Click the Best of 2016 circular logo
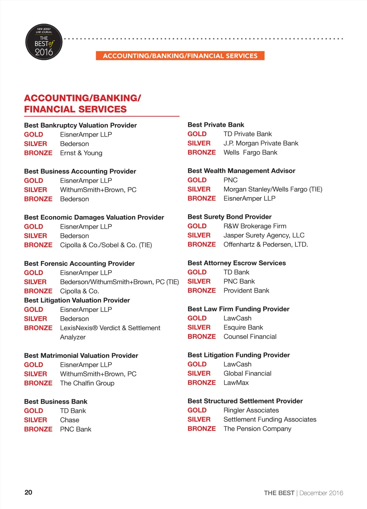click(x=44, y=42)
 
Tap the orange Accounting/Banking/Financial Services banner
click(x=180, y=56)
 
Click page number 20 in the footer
click(x=28, y=492)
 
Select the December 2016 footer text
click(x=321, y=493)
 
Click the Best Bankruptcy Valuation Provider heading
click(x=80, y=125)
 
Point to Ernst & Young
click(x=81, y=153)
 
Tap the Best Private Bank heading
click(x=216, y=125)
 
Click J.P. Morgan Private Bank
click(x=261, y=143)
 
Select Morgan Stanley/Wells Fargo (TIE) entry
click(x=273, y=189)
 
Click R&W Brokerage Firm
click(x=255, y=226)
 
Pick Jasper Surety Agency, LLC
click(x=264, y=235)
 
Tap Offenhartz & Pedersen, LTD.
click(x=266, y=244)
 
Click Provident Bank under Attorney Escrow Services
click(x=246, y=290)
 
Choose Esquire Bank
click(x=243, y=327)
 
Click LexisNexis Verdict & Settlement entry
click(x=110, y=328)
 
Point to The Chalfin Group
click(x=87, y=383)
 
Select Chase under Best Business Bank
click(x=70, y=420)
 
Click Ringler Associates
click(x=251, y=410)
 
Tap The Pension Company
click(x=257, y=429)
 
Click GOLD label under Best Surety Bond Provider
click(x=197, y=226)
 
